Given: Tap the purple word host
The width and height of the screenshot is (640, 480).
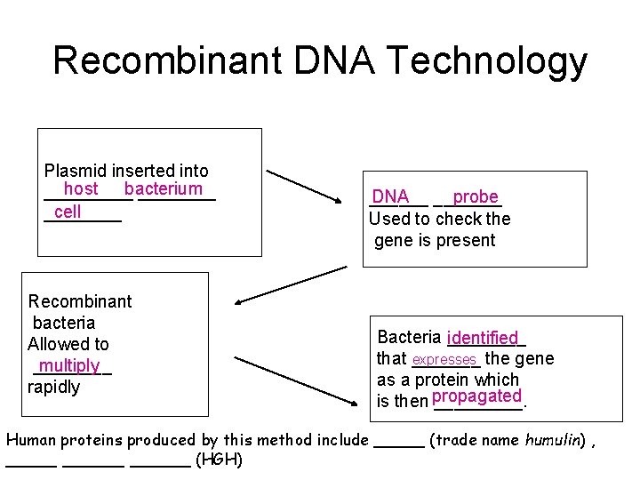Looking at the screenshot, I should coord(81,188).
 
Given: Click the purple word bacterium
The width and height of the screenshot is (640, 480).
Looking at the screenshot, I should coord(164,188).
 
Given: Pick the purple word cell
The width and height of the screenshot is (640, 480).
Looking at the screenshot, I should coord(68,212).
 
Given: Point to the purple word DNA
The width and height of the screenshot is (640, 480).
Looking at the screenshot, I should coord(390,196).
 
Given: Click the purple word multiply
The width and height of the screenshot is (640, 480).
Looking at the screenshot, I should coord(69,365).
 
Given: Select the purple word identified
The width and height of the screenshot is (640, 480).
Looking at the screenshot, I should coord(483,338).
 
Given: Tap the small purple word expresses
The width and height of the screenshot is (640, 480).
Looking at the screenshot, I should coord(444,359).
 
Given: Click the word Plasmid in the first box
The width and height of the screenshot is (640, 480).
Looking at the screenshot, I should coord(74,171).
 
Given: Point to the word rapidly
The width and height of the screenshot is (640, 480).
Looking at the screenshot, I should coord(54,388).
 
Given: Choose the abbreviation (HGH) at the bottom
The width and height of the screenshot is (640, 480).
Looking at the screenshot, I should coord(219,460).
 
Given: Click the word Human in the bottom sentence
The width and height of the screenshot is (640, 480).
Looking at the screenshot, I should coord(31,440).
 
